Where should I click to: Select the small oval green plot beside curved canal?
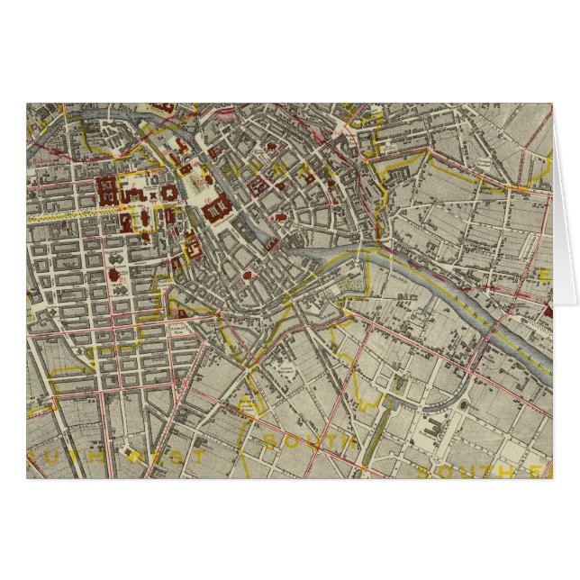(464, 406)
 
